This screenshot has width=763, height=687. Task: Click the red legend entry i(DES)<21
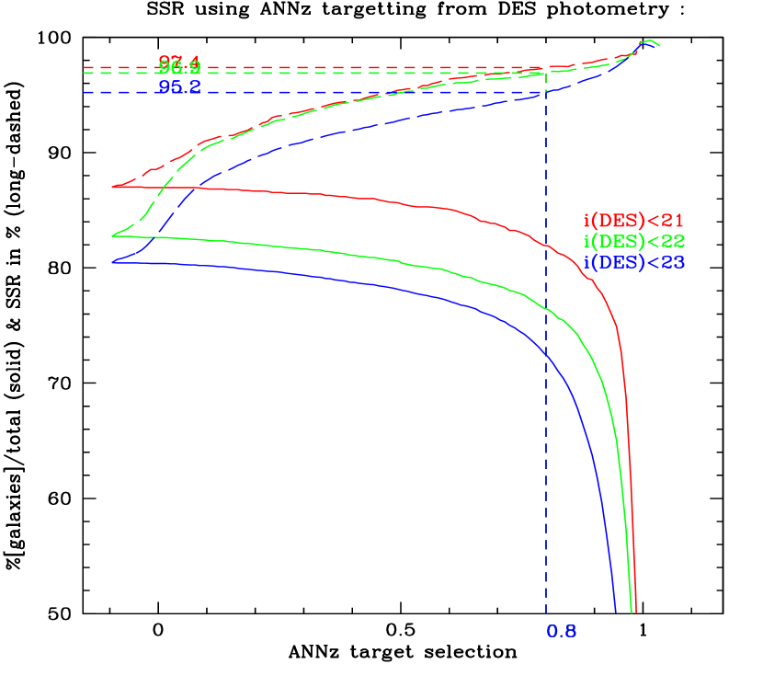[x=633, y=221]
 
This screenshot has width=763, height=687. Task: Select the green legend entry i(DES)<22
[x=633, y=241]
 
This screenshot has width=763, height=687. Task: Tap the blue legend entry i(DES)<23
[x=633, y=262]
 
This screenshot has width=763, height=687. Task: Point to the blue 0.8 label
[x=561, y=632]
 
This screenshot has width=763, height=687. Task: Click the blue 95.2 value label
[x=179, y=88]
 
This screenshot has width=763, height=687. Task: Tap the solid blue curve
[x=368, y=282]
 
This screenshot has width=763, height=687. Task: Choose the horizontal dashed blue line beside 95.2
[x=120, y=93]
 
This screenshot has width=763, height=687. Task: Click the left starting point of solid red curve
[x=113, y=188]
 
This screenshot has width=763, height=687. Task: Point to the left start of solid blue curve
[x=113, y=263]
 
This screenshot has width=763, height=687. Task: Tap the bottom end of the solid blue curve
[x=615, y=611]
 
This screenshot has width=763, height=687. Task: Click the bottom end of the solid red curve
[x=635, y=611]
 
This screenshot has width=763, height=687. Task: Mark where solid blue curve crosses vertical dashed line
[x=546, y=353]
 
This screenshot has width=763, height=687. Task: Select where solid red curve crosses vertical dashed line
[x=546, y=247]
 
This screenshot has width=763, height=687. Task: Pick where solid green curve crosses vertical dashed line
[x=546, y=308]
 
